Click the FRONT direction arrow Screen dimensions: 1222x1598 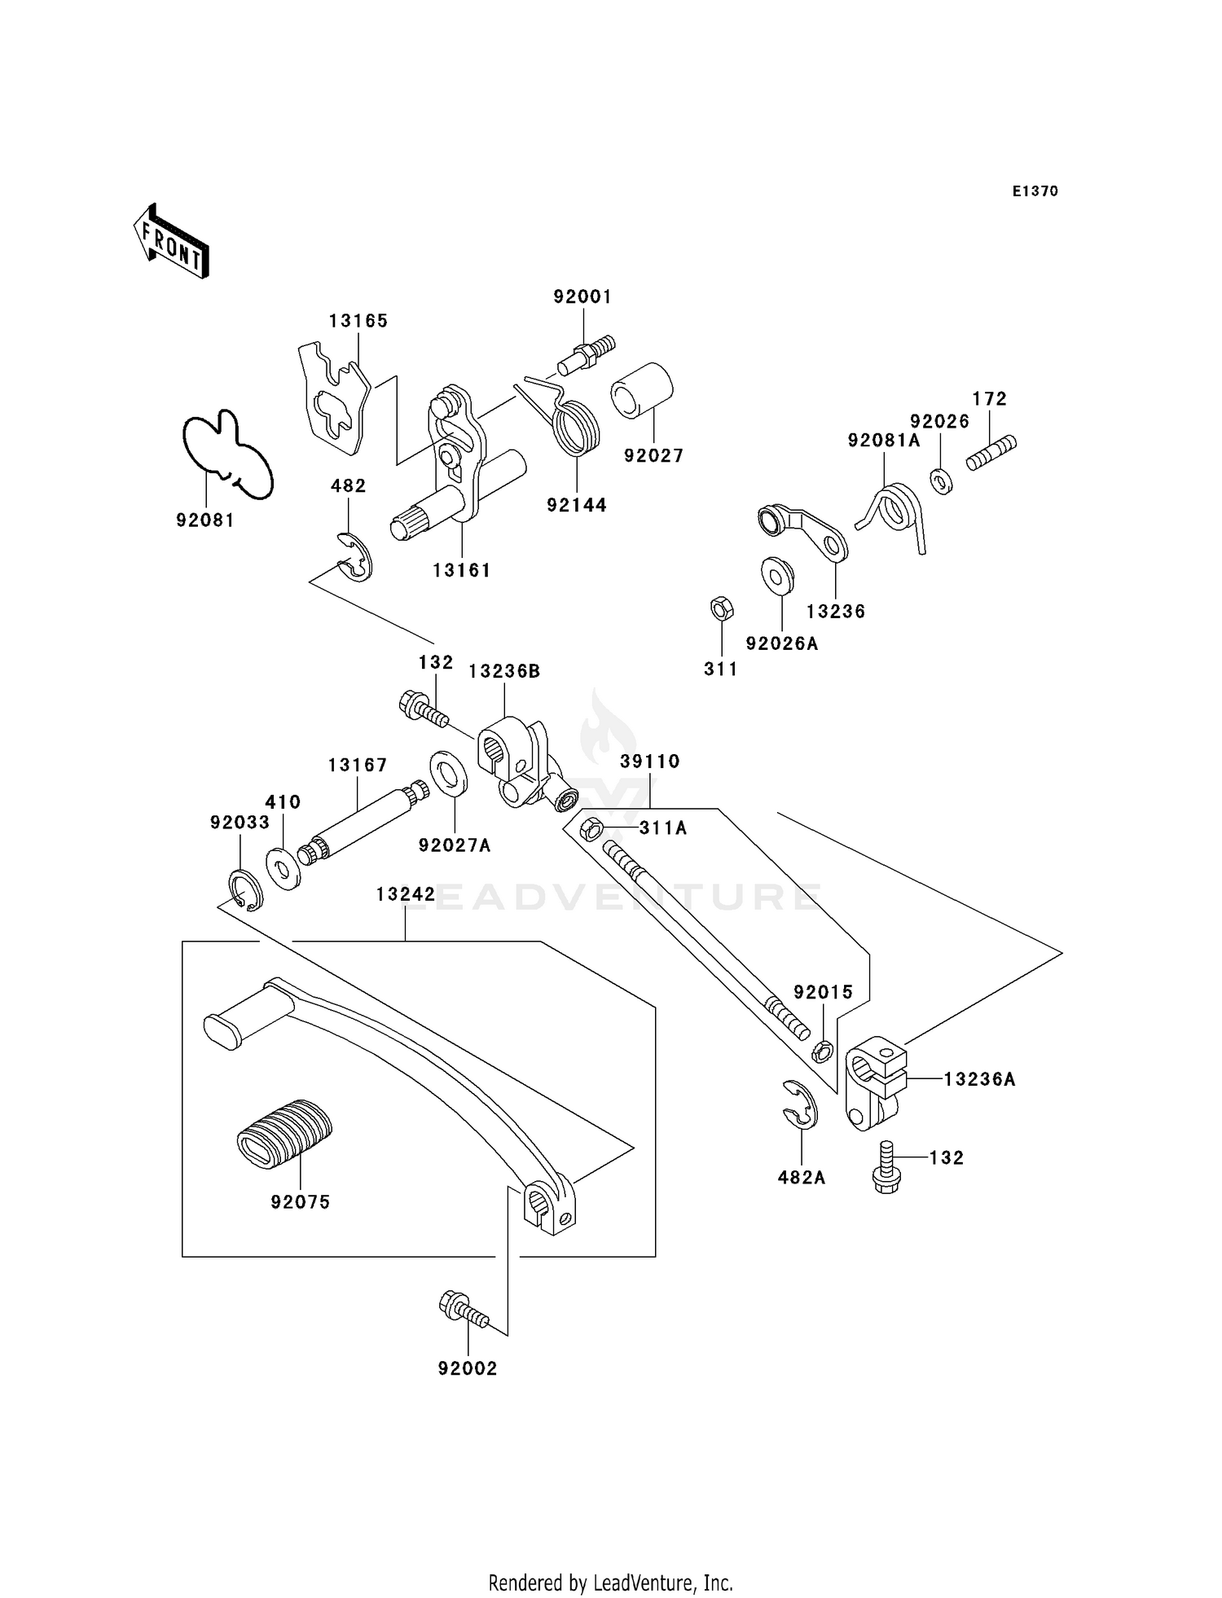[x=171, y=242]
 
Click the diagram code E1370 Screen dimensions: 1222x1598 [x=1035, y=191]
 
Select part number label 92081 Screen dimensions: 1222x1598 [x=205, y=520]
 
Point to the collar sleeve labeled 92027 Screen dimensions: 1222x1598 [x=643, y=391]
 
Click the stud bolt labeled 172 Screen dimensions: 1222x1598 [x=991, y=453]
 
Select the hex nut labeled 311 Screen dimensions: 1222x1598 [x=722, y=608]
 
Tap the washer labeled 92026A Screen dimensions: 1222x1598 [x=779, y=575]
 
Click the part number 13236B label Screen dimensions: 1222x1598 [x=504, y=671]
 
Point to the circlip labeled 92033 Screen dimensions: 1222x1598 [x=245, y=890]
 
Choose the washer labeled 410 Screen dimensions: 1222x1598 [x=283, y=870]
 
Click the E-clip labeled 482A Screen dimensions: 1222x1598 [x=800, y=1104]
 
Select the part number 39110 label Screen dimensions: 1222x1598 [x=650, y=761]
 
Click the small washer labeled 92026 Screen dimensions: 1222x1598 [x=941, y=481]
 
